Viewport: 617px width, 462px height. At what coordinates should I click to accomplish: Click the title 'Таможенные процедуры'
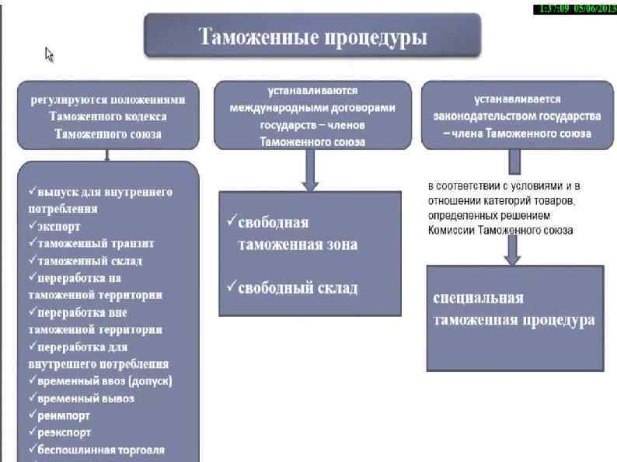[313, 36]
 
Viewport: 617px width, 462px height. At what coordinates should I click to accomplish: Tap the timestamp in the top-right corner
[573, 9]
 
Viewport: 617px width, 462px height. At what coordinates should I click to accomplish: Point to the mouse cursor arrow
[49, 54]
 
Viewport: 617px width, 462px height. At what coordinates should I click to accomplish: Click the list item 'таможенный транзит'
[90, 244]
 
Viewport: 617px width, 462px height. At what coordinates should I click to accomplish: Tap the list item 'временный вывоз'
[85, 398]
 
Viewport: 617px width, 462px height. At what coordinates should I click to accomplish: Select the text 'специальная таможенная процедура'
[513, 309]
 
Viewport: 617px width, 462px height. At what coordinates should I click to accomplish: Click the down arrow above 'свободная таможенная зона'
[310, 172]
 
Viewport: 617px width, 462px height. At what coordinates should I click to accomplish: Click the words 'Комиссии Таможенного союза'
[500, 231]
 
